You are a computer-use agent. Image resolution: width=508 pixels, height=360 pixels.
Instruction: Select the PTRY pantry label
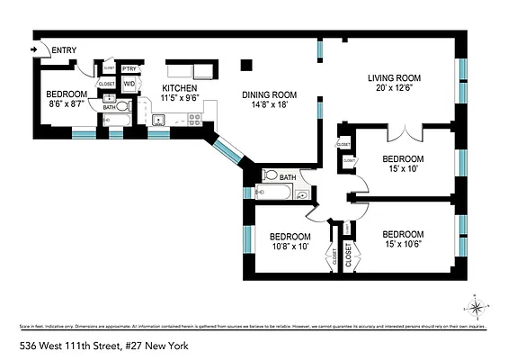click(129, 68)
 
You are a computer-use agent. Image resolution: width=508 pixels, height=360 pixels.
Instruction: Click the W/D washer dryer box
click(129, 85)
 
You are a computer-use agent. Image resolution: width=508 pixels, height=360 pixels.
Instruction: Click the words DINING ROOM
click(270, 94)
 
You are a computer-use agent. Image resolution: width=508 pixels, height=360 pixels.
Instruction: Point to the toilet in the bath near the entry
click(122, 106)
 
